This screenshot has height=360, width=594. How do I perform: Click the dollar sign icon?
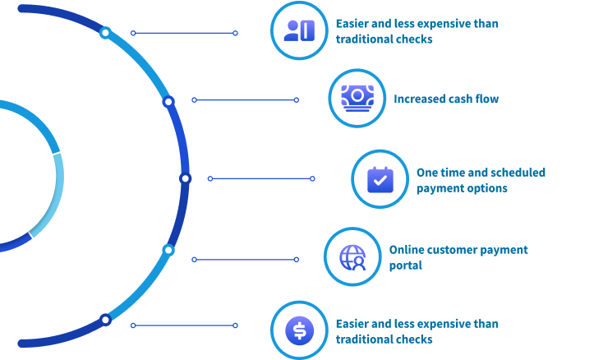[299, 330]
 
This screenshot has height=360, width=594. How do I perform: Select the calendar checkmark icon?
[380, 178]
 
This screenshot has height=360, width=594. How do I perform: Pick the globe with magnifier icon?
[352, 256]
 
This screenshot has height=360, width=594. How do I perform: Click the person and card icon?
[299, 31]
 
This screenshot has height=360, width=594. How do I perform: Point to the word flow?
[485, 99]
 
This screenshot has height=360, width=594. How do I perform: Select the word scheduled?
[518, 173]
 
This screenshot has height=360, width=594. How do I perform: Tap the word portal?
[406, 265]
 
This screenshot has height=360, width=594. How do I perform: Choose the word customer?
[454, 250]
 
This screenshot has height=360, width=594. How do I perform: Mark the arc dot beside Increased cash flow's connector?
[168, 101]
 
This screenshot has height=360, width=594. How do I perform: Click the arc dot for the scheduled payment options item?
[185, 178]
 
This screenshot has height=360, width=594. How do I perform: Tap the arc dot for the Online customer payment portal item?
[168, 250]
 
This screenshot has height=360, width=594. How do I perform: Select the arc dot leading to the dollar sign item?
[105, 319]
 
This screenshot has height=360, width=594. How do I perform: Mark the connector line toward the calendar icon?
[261, 178]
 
